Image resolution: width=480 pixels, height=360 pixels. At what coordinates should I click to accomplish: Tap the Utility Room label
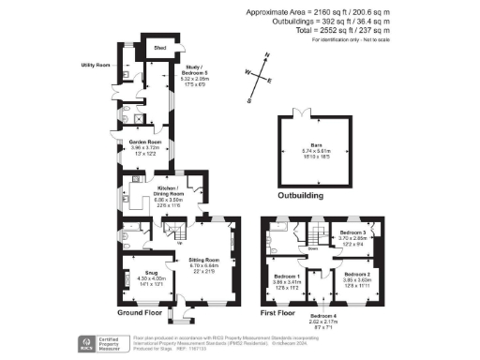pos(97,66)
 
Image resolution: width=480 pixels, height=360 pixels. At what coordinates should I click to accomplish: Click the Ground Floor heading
pos(142,312)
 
